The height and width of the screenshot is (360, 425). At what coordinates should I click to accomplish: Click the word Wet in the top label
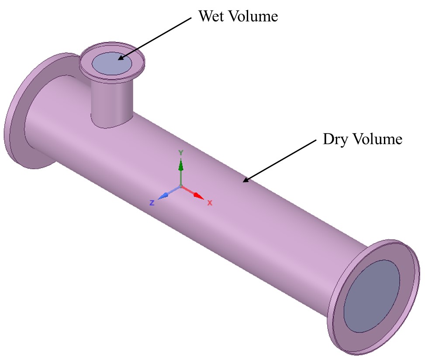[x=212, y=17]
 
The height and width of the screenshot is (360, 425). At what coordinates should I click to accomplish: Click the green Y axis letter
[x=180, y=152]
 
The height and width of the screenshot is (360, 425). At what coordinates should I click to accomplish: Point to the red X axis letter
[x=210, y=203]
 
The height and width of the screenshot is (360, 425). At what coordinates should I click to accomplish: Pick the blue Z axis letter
[x=152, y=203]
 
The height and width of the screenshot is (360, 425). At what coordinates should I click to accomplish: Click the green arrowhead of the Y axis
[x=181, y=165]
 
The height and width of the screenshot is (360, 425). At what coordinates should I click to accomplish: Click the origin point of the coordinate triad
[x=181, y=187]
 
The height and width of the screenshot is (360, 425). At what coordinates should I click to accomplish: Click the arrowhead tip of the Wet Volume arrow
[x=118, y=60]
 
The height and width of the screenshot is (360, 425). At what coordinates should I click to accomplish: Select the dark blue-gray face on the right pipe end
[x=371, y=295]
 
